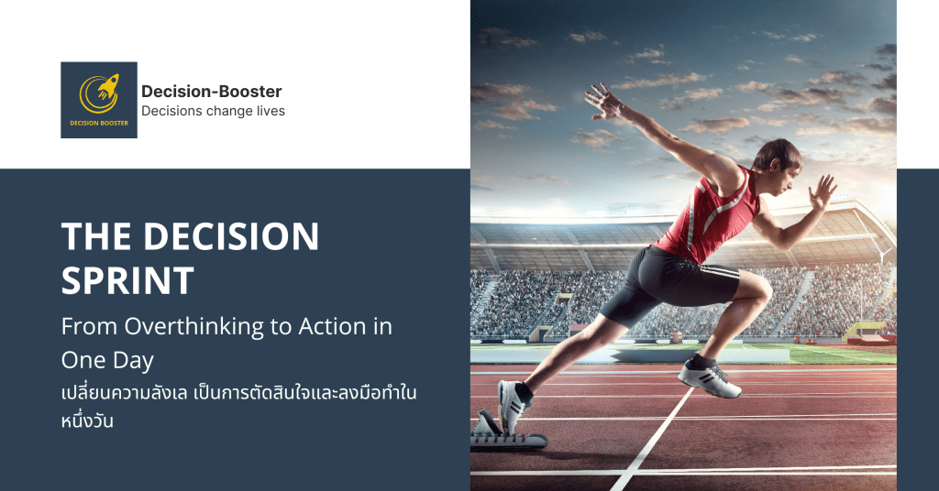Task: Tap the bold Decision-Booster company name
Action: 212,92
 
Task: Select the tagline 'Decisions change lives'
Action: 213,111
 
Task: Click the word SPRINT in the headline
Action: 127,280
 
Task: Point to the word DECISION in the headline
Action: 231,236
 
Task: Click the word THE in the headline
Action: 95,236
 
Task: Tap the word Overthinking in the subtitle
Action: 194,326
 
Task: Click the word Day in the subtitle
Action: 134,361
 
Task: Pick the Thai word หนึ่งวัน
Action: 87,420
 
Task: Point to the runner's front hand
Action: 822,192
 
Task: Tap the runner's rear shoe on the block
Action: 514,407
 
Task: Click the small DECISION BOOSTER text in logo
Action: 99,123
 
